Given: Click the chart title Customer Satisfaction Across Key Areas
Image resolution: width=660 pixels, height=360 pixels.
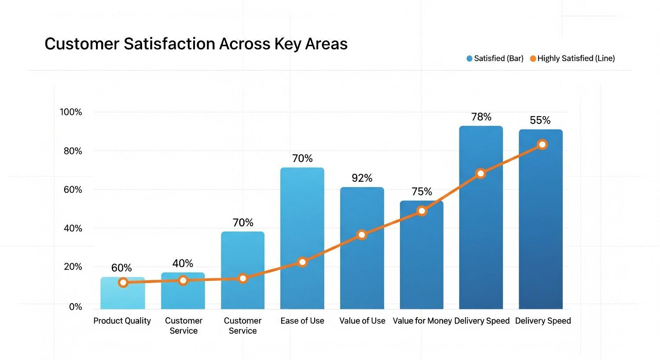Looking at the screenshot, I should point(196,44).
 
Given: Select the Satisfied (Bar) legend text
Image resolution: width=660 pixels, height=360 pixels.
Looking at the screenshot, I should point(499,58).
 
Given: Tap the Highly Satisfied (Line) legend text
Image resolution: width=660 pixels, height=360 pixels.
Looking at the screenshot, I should point(576,58).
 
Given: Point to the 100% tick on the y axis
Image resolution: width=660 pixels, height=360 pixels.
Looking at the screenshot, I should point(71,112).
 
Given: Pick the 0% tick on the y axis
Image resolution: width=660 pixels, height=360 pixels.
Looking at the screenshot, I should point(75,307).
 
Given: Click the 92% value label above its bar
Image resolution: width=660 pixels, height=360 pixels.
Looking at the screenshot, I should point(362,178).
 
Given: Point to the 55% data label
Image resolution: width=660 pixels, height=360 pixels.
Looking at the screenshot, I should point(540,120).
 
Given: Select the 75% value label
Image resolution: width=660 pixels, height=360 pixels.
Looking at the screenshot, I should point(422,191).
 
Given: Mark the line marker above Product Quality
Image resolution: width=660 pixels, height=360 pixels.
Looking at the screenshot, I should point(123,283).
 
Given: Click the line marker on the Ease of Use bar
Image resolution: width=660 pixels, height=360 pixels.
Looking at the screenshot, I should point(302,262).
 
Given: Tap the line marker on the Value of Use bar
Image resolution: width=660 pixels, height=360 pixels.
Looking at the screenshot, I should point(362,235).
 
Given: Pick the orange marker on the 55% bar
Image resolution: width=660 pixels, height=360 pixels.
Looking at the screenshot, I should point(543,144).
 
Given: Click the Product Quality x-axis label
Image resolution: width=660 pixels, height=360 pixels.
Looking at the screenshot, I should point(122,321).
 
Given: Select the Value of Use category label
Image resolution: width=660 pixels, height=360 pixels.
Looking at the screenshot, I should point(362,321).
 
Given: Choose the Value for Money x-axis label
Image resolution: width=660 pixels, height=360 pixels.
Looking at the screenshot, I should point(422,321).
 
